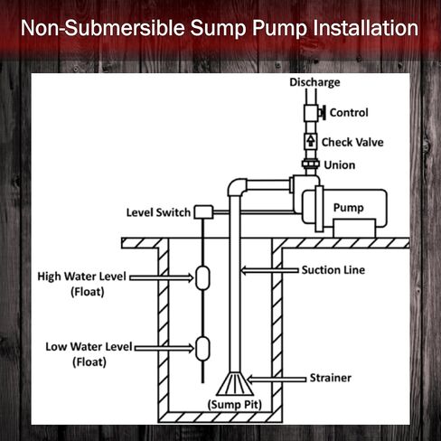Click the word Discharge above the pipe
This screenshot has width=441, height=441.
click(x=314, y=82)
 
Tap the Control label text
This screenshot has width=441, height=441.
click(x=349, y=113)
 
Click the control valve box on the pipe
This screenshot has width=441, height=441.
click(x=311, y=113)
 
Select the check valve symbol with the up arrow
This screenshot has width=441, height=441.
click(x=311, y=141)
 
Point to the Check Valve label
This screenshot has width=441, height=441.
click(x=352, y=142)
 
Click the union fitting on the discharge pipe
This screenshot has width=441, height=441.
click(x=311, y=164)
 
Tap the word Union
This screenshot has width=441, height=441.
click(x=340, y=165)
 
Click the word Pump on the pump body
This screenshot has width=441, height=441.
click(x=349, y=208)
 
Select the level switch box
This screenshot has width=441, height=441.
click(x=203, y=212)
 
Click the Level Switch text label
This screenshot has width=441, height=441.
click(x=158, y=212)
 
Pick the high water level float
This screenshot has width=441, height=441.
click(x=202, y=277)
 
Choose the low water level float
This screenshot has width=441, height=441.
click(x=202, y=349)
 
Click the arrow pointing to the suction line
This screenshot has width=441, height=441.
click(x=269, y=270)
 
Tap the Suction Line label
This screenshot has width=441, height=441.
click(x=333, y=270)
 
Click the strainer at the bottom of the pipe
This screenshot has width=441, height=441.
click(x=235, y=383)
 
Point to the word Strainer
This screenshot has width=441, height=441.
click(x=331, y=378)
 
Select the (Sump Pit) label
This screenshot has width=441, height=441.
click(x=235, y=404)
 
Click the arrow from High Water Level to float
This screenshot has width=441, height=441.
click(x=162, y=277)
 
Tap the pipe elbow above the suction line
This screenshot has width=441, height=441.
click(x=237, y=187)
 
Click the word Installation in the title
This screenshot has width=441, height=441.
click(x=366, y=28)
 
